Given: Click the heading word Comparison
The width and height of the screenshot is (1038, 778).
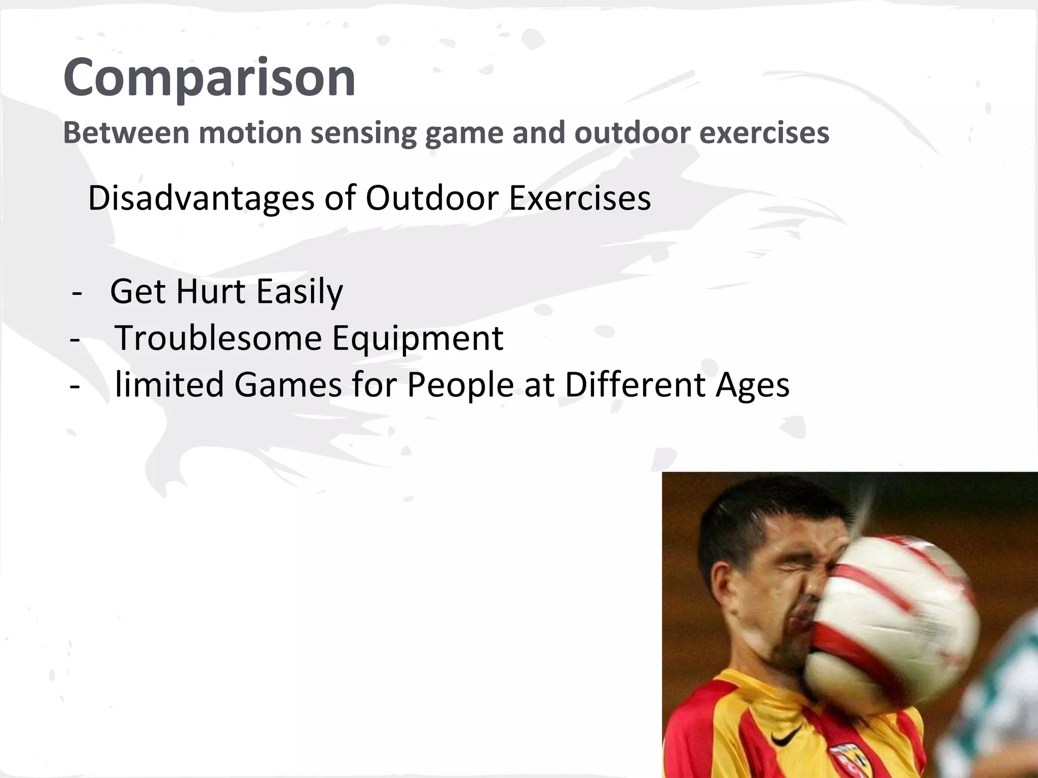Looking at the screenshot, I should (209, 77).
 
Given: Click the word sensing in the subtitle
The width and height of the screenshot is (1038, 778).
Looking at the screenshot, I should (363, 133).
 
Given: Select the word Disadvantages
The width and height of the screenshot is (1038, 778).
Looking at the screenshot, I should (201, 198).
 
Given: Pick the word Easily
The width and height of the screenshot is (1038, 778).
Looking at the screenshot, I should (300, 292).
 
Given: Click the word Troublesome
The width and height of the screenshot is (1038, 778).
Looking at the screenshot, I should (218, 338).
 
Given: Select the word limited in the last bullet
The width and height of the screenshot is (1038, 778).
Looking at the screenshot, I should (169, 384).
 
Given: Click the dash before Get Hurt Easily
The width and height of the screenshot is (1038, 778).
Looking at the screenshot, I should (77, 292).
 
